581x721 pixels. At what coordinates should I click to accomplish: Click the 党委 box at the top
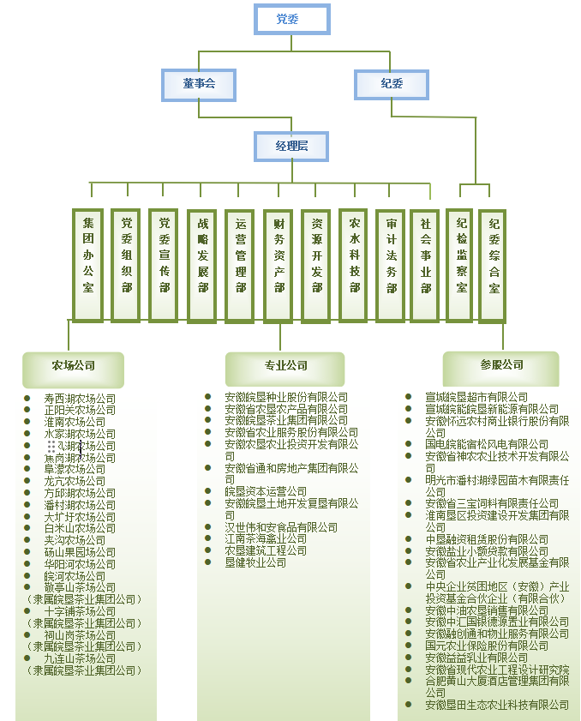pos(291,19)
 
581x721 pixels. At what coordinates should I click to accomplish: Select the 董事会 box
pos(199,84)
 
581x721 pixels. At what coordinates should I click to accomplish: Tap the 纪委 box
pos(392,84)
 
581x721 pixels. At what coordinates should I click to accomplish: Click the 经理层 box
pos(291,147)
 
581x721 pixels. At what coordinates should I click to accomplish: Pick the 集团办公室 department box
pos(88,265)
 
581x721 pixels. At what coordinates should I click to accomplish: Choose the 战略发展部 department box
pos(202,265)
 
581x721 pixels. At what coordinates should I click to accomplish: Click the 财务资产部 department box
pos(279,265)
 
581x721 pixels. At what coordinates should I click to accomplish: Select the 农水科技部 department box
pos(355,265)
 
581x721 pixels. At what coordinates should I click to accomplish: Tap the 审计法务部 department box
pos(391,265)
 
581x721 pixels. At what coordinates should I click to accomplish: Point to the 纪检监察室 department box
pos(462,265)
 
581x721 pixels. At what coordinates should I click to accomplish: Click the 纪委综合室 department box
pos(494,265)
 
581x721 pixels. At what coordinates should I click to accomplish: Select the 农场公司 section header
pos(74,366)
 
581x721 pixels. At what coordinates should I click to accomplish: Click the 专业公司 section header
pos(285,366)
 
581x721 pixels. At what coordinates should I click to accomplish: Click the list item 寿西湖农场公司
pos(80,399)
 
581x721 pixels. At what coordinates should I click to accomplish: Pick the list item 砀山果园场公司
pos(80,553)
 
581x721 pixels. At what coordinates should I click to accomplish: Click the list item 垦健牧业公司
pos(255,562)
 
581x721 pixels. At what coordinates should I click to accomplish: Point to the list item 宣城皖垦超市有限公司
pos(476,398)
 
